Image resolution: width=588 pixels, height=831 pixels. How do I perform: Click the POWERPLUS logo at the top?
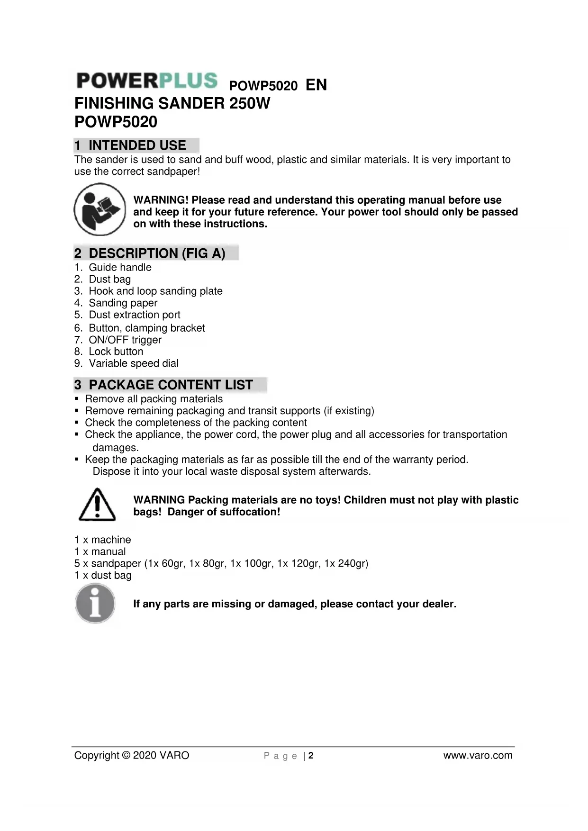coord(147,81)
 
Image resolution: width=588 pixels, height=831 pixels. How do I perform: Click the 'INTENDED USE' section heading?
coord(136,145)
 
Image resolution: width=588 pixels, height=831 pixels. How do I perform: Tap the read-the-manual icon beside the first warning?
coord(100,209)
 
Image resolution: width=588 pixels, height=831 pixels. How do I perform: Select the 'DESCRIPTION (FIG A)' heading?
coord(156,253)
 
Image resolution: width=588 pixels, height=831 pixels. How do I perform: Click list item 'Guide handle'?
coord(120,267)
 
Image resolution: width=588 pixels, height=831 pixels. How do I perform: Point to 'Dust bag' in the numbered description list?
coord(109,279)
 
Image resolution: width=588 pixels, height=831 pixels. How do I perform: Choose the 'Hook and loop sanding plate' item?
coord(155,291)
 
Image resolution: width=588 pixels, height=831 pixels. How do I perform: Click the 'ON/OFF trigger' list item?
coord(125,340)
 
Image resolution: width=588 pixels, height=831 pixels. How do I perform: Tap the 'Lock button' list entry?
coord(116,352)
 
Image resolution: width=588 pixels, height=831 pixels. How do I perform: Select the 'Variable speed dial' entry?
coord(134,363)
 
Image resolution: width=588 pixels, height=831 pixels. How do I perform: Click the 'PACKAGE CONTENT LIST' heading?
coord(171,385)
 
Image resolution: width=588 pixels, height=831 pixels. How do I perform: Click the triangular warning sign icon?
coord(97,505)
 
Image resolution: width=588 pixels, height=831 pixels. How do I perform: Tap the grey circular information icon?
coord(95,603)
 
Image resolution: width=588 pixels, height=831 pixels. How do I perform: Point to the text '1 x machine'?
coord(102,540)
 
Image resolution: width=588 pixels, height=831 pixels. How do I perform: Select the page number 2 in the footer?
coord(311,756)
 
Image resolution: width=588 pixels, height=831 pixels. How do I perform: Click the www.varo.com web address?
coord(478,755)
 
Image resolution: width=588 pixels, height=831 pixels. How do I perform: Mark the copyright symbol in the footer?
coord(126,755)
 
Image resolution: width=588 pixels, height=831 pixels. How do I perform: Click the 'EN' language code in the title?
coord(316,85)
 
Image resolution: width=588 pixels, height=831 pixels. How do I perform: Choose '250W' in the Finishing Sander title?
coord(249,103)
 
